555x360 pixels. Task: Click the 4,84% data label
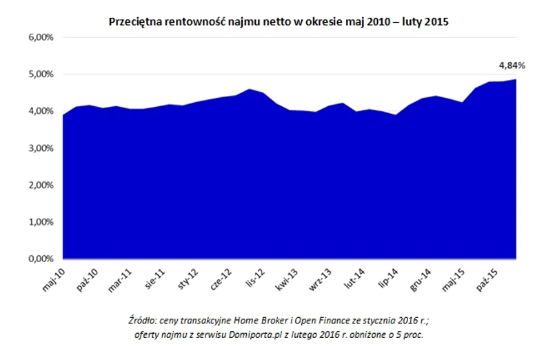click(x=512, y=66)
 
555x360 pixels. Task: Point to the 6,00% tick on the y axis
click(x=40, y=37)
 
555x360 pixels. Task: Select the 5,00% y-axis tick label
click(x=40, y=74)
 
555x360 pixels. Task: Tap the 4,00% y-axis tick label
click(x=40, y=111)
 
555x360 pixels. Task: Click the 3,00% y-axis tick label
click(x=40, y=148)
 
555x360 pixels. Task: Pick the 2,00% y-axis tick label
click(x=40, y=186)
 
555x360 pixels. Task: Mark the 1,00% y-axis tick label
click(x=40, y=222)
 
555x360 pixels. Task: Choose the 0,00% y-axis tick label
click(x=40, y=259)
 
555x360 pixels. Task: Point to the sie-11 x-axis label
click(x=154, y=277)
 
